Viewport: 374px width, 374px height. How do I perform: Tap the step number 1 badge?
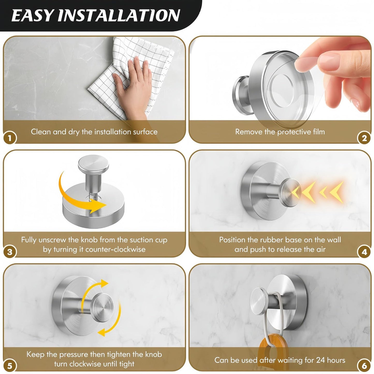pyautogui.click(x=10, y=138)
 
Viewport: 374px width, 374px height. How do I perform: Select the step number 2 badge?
pyautogui.click(x=364, y=138)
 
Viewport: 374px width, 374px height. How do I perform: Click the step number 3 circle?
pyautogui.click(x=10, y=252)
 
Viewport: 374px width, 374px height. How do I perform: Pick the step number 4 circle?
pyautogui.click(x=364, y=252)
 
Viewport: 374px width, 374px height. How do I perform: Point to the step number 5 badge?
pyautogui.click(x=10, y=366)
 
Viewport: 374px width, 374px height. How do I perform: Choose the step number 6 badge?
pyautogui.click(x=364, y=366)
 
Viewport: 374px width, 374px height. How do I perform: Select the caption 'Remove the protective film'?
pyautogui.click(x=280, y=132)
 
